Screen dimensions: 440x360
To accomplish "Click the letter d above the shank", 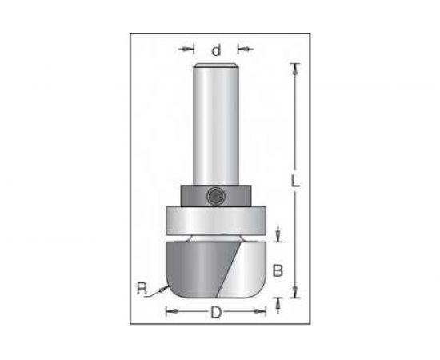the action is point(216,50).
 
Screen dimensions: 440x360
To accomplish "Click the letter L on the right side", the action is point(295,181).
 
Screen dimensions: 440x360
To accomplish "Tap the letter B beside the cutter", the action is point(278,270).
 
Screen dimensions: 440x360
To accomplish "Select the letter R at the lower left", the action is point(142,289).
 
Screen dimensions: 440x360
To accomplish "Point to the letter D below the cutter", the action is point(216,312).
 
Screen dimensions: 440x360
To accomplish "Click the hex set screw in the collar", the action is point(216,196).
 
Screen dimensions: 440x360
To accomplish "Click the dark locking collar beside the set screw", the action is point(194,196).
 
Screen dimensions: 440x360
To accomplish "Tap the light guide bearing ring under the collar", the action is point(216,221).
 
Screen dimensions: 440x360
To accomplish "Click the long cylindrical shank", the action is point(216,124).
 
